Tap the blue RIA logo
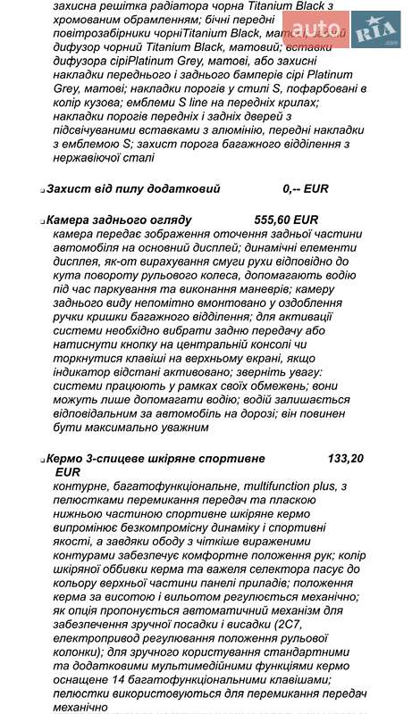(x=375, y=32)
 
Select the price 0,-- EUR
(x=306, y=189)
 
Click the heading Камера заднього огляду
(x=119, y=220)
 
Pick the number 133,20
(x=346, y=458)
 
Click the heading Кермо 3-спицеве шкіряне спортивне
(x=156, y=458)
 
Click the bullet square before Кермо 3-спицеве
(x=42, y=460)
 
